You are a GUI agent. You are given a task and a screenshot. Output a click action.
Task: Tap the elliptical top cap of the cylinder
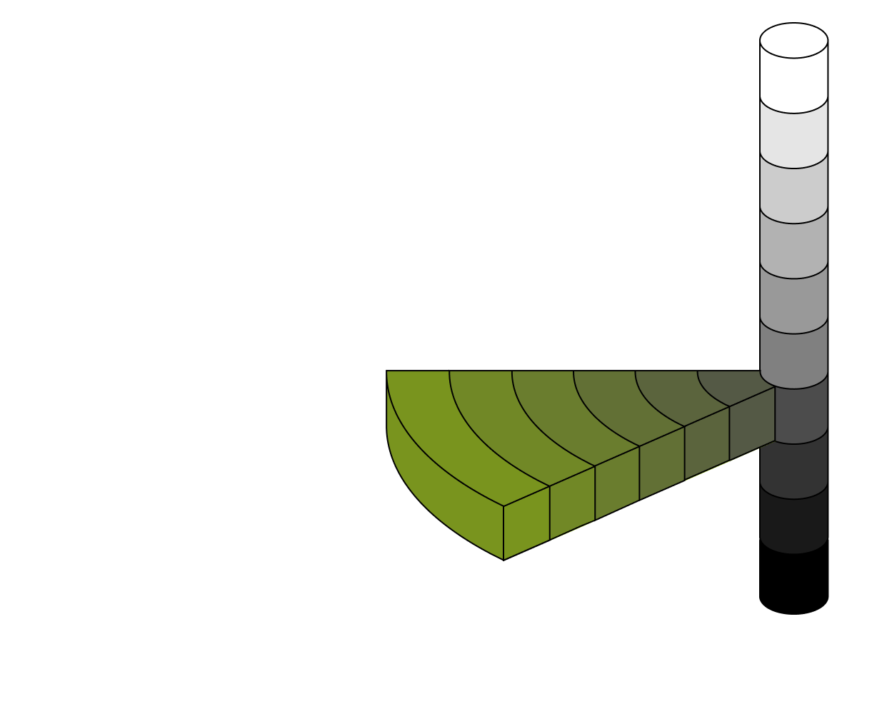click(x=793, y=40)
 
